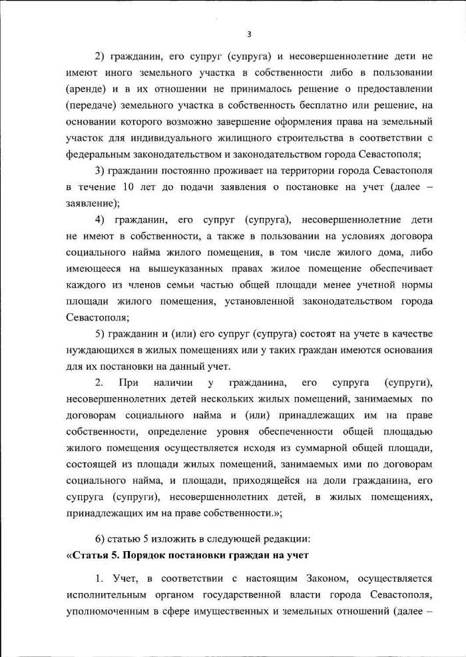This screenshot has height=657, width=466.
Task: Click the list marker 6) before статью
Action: click(x=101, y=538)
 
